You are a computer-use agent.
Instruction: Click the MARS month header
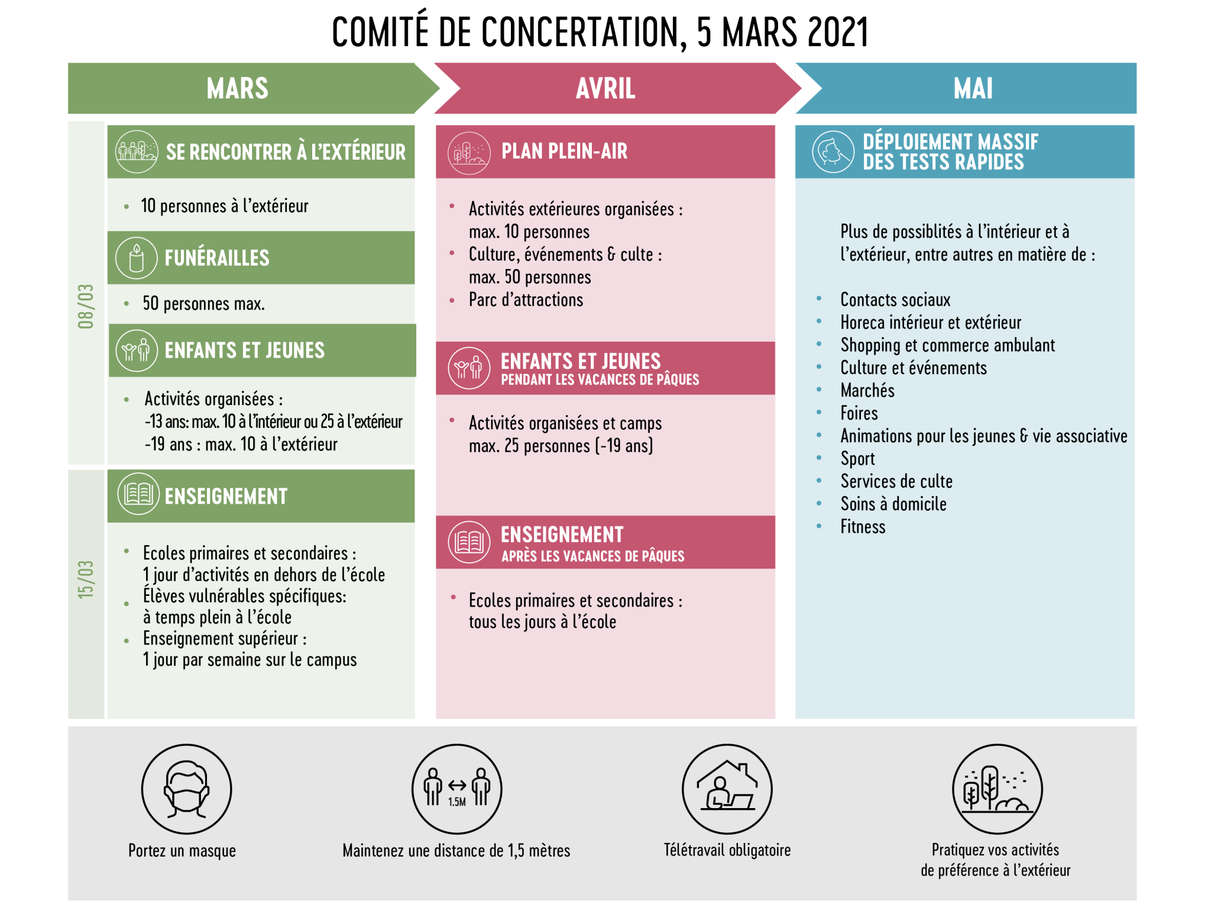click(237, 89)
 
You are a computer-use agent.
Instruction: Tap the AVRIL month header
click(605, 89)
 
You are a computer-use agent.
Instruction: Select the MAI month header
click(973, 89)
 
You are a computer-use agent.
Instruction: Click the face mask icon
click(186, 789)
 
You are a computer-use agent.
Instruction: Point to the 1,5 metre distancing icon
click(457, 789)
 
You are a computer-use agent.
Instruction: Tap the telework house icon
click(727, 789)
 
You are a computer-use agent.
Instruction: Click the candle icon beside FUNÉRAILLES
click(137, 258)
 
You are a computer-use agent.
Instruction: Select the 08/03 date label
click(86, 306)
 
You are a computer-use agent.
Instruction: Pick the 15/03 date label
click(86, 579)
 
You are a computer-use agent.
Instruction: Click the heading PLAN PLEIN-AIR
click(564, 151)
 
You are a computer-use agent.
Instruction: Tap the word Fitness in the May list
click(863, 527)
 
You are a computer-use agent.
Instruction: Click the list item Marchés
click(867, 391)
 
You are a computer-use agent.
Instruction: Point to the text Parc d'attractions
click(526, 300)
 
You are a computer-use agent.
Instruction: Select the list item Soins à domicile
click(893, 504)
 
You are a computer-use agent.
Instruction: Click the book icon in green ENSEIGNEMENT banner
click(138, 494)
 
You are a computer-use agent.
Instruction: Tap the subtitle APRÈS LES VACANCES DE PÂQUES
click(592, 556)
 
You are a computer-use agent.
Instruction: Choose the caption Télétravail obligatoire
click(727, 850)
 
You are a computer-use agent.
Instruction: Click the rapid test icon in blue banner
click(833, 151)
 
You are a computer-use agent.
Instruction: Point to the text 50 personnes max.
click(203, 304)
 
